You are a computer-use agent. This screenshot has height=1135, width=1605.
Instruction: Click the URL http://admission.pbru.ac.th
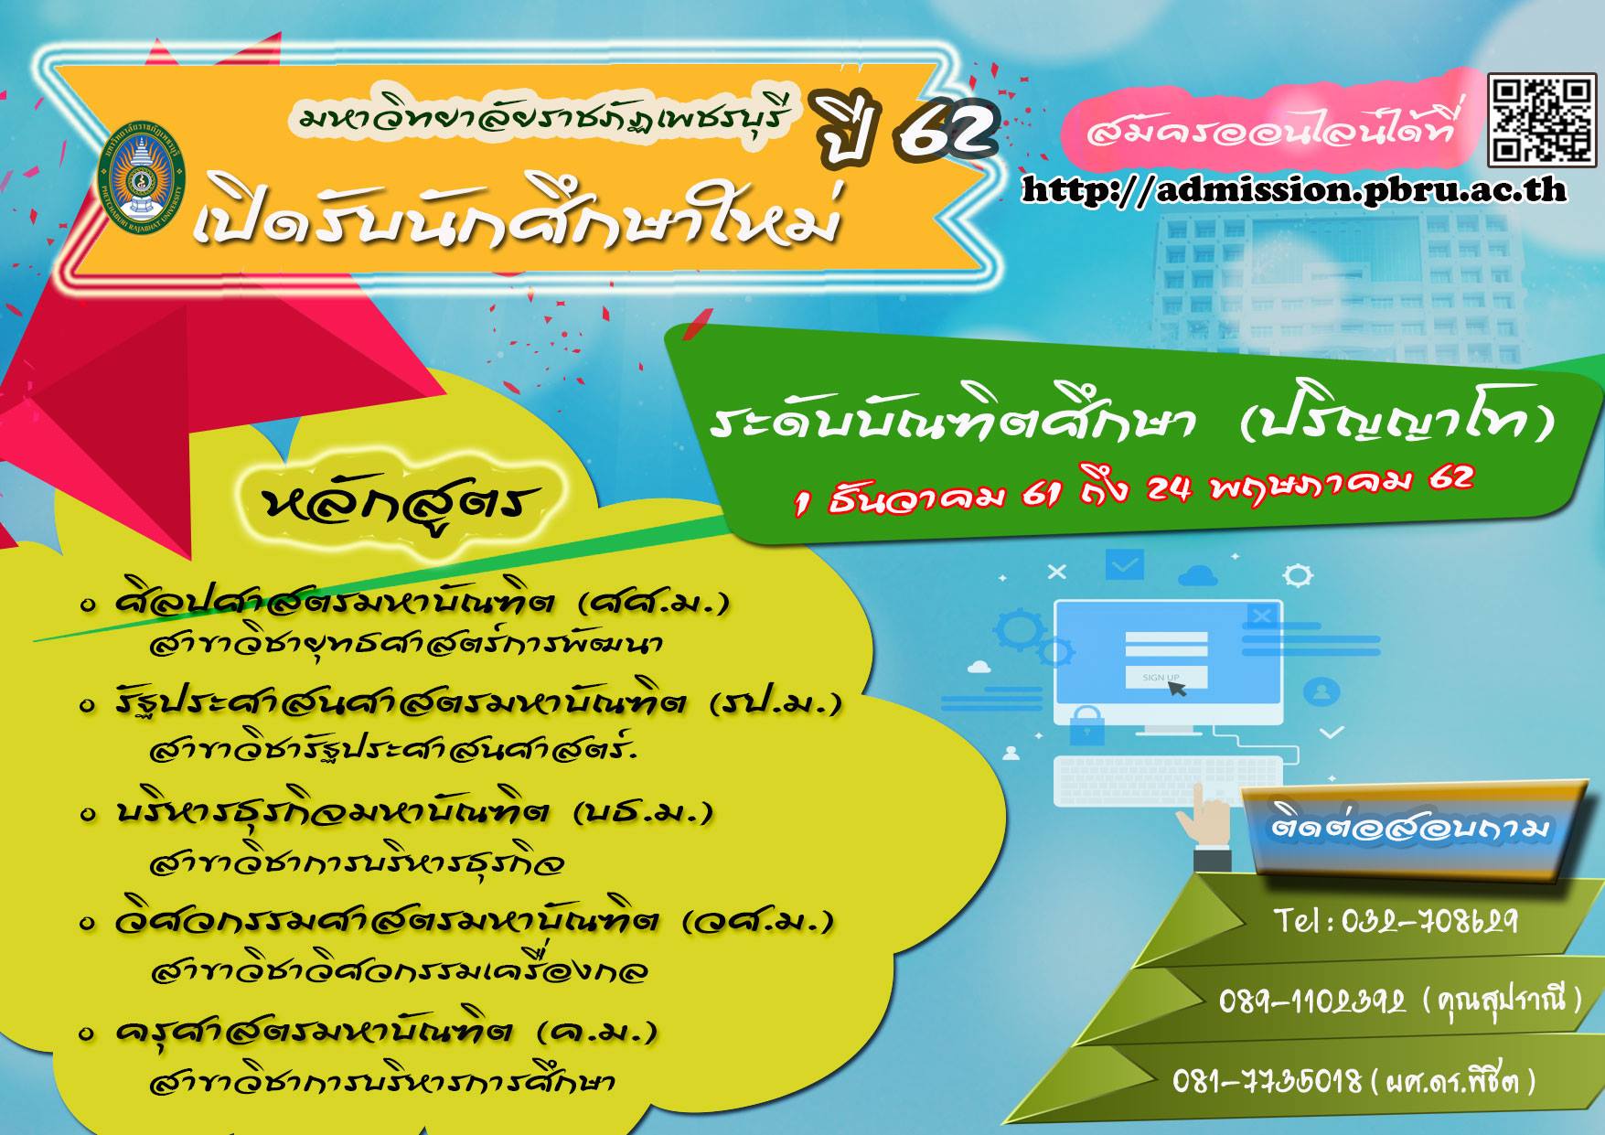[1293, 189]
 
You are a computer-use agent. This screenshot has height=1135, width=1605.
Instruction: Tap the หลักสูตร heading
[401, 504]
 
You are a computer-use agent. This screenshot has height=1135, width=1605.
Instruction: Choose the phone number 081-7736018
[1268, 1082]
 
